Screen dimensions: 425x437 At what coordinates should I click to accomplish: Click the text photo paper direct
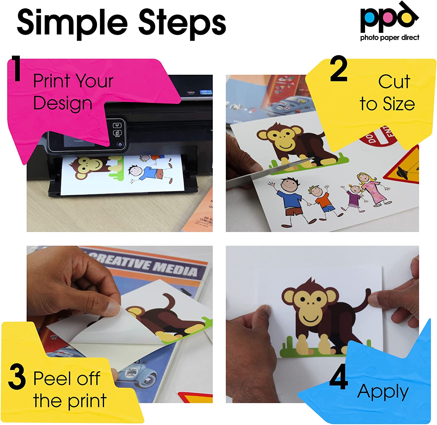click(390, 38)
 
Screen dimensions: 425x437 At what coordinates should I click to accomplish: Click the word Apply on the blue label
click(383, 392)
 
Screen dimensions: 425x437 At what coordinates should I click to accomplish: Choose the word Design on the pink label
click(63, 103)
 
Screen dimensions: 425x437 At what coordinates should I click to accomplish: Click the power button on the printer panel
click(120, 144)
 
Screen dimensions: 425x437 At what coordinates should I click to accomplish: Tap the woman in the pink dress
click(373, 189)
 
